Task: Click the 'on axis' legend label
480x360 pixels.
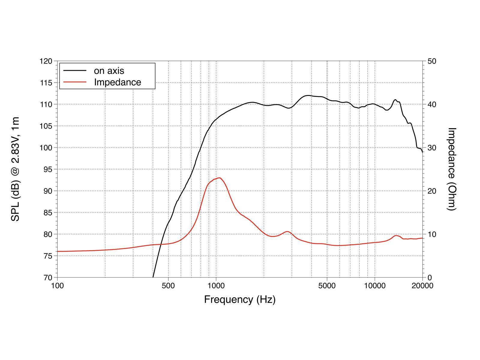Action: point(109,71)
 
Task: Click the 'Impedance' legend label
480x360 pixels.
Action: point(117,82)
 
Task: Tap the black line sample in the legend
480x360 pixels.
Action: point(75,71)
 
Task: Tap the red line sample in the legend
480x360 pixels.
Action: point(75,82)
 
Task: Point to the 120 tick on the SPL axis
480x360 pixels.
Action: point(46,61)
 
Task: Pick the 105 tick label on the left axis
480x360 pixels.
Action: point(46,126)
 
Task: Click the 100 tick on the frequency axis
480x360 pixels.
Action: point(57,286)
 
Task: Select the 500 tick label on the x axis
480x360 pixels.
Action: point(168,286)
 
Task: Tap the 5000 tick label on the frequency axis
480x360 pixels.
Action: point(327,286)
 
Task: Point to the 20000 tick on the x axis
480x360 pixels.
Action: point(422,286)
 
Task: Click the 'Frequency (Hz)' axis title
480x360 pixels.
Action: point(240,299)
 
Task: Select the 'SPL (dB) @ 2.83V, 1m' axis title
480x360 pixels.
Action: point(15,169)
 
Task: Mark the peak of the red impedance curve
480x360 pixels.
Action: point(220,178)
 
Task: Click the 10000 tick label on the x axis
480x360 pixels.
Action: point(375,286)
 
